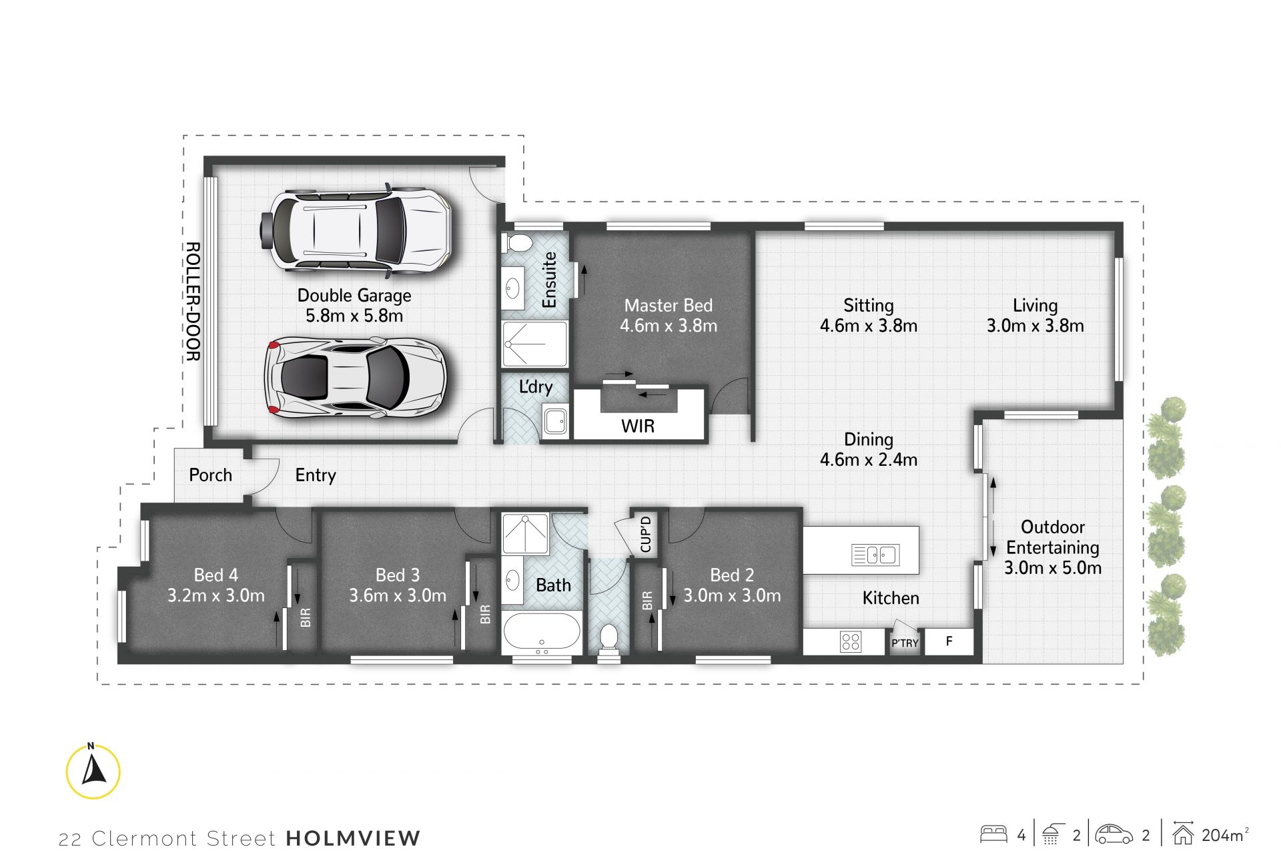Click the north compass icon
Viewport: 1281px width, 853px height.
click(93, 770)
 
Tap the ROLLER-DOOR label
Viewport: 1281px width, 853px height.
click(192, 302)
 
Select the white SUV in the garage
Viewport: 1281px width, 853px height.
click(355, 231)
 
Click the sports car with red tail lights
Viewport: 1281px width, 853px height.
click(355, 377)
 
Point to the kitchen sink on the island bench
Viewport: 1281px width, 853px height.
click(875, 555)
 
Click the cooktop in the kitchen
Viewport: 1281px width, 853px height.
click(851, 641)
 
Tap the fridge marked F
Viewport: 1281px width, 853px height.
click(949, 641)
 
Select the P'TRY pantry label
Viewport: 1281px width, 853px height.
click(905, 643)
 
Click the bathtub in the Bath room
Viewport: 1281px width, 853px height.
click(541, 632)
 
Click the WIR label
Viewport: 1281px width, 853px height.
click(638, 426)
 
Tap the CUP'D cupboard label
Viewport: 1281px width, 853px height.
click(645, 534)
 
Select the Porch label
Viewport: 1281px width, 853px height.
click(211, 475)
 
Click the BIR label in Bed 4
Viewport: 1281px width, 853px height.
click(306, 617)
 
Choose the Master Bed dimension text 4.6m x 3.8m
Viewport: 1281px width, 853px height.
click(669, 326)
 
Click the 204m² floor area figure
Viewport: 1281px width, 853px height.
click(1225, 835)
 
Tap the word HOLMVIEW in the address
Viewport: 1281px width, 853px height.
click(354, 838)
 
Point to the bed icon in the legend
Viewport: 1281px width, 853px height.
click(993, 834)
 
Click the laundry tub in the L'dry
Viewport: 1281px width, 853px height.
click(555, 420)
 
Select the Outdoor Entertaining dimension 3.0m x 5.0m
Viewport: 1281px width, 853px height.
click(1053, 568)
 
